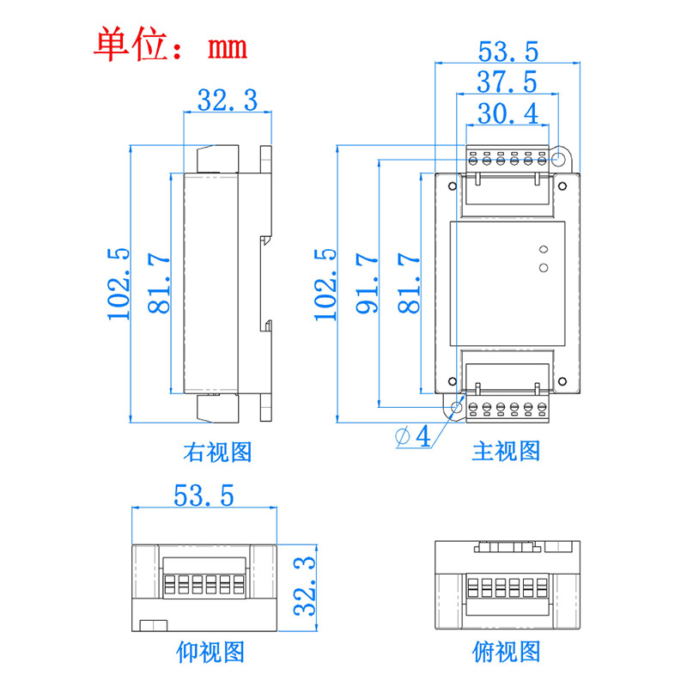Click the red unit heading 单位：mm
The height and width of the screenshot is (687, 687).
tap(171, 44)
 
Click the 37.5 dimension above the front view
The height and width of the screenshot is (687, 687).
tap(507, 82)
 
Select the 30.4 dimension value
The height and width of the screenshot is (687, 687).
tap(507, 112)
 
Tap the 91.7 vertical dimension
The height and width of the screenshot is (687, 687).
tap(367, 283)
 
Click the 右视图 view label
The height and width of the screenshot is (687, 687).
tap(217, 452)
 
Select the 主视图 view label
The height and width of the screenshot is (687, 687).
tap(507, 452)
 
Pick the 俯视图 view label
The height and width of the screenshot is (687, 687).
tap(507, 652)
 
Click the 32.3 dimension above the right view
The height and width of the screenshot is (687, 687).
tap(228, 100)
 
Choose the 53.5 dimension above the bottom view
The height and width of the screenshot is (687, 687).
tap(204, 495)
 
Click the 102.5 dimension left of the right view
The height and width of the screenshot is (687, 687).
tap(119, 283)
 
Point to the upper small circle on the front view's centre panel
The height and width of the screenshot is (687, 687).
tap(543, 250)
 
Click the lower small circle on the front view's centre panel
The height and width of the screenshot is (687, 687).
tap(543, 268)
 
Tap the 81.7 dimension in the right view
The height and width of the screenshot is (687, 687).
tap(160, 283)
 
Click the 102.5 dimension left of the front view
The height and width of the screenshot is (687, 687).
tap(325, 283)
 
